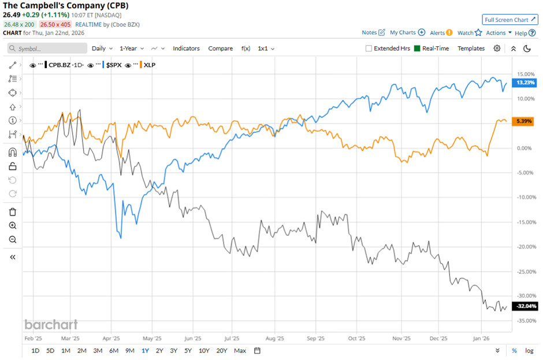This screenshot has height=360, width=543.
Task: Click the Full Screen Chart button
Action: coord(509,20)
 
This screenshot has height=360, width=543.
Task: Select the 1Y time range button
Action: coord(145,350)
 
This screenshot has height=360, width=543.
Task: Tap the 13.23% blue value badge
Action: coord(526,83)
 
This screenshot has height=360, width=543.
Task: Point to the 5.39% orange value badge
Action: coord(526,121)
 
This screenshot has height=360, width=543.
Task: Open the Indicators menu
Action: coord(187,49)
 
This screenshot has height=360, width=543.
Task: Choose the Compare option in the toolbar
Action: coord(220,49)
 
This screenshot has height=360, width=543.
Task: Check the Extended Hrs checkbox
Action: coord(369,49)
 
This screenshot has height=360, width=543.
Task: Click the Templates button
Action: coord(471,49)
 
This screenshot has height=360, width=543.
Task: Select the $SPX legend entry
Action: coord(112,65)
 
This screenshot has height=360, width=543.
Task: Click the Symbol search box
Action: coord(47,49)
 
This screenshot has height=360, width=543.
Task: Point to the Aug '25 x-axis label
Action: coord(275,339)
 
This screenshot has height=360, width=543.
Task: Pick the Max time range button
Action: coord(240,350)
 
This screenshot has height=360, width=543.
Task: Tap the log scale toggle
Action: coord(529,350)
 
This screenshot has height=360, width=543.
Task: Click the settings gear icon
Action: coord(497,49)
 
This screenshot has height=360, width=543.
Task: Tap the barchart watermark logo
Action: coord(51,324)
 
